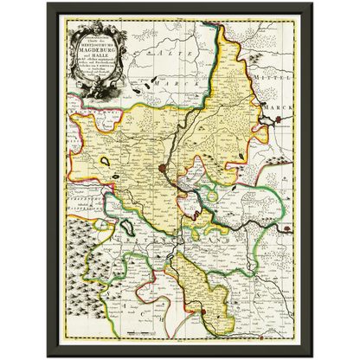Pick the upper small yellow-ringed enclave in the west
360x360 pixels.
coord(106,161)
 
